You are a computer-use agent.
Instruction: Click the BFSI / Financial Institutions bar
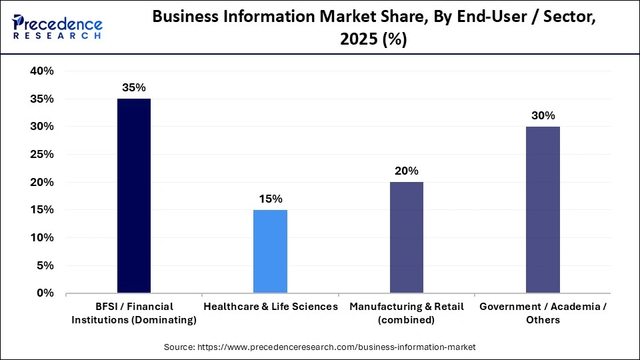[x=134, y=195]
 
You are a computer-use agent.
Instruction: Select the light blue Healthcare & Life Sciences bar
[x=270, y=251]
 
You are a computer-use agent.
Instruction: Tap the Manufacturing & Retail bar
[x=406, y=237]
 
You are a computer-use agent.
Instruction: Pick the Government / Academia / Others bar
[x=543, y=209]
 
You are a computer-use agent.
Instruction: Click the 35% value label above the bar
[x=134, y=87]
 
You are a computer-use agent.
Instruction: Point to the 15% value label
[x=270, y=199]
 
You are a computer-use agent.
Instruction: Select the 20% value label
[x=406, y=171]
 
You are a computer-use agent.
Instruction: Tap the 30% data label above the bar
[x=543, y=115]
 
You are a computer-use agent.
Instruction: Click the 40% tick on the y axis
[x=41, y=71]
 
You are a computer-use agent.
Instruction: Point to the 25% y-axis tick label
[x=41, y=154]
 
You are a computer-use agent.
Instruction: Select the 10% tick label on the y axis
[x=41, y=237]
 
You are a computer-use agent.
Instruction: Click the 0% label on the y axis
[x=45, y=293]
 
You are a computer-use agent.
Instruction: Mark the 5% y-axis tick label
[x=44, y=265]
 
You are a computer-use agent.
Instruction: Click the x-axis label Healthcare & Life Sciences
[x=270, y=307]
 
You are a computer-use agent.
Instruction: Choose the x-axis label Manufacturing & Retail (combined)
[x=406, y=313]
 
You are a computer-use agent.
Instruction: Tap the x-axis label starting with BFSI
[x=134, y=313]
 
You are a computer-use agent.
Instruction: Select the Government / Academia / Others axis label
[x=543, y=313]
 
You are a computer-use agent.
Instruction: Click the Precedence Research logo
[x=57, y=27]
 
